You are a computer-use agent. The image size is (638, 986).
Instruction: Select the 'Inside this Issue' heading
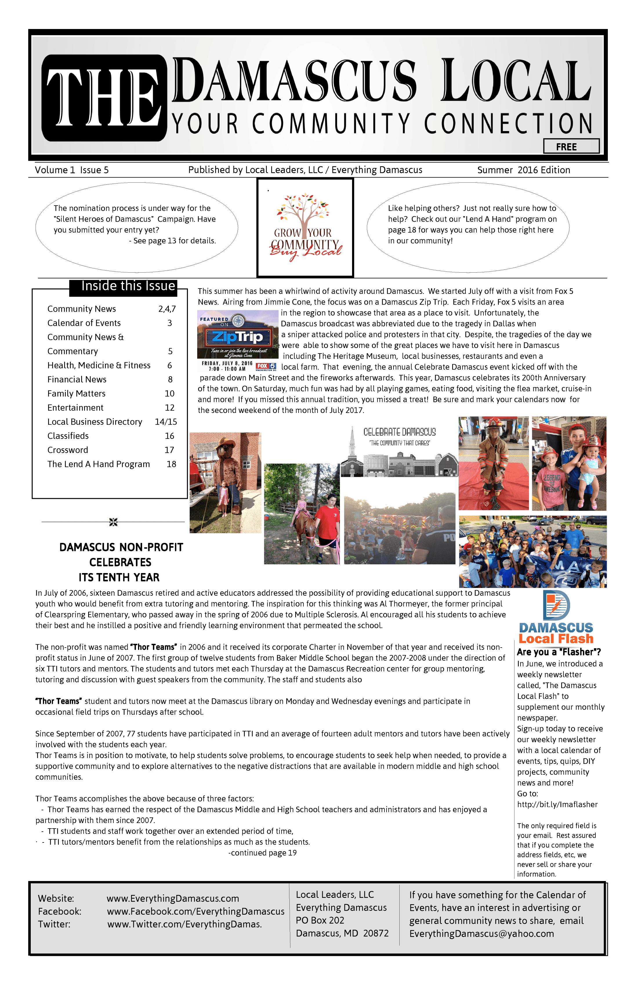128,286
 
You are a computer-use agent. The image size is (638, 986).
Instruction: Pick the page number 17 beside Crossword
169,450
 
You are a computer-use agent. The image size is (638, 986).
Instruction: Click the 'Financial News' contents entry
77,380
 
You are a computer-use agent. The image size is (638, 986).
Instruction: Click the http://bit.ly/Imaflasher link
557,804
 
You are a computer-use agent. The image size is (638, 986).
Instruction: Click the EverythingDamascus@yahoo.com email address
481,934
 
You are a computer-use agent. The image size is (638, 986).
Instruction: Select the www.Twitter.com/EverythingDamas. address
184,924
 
